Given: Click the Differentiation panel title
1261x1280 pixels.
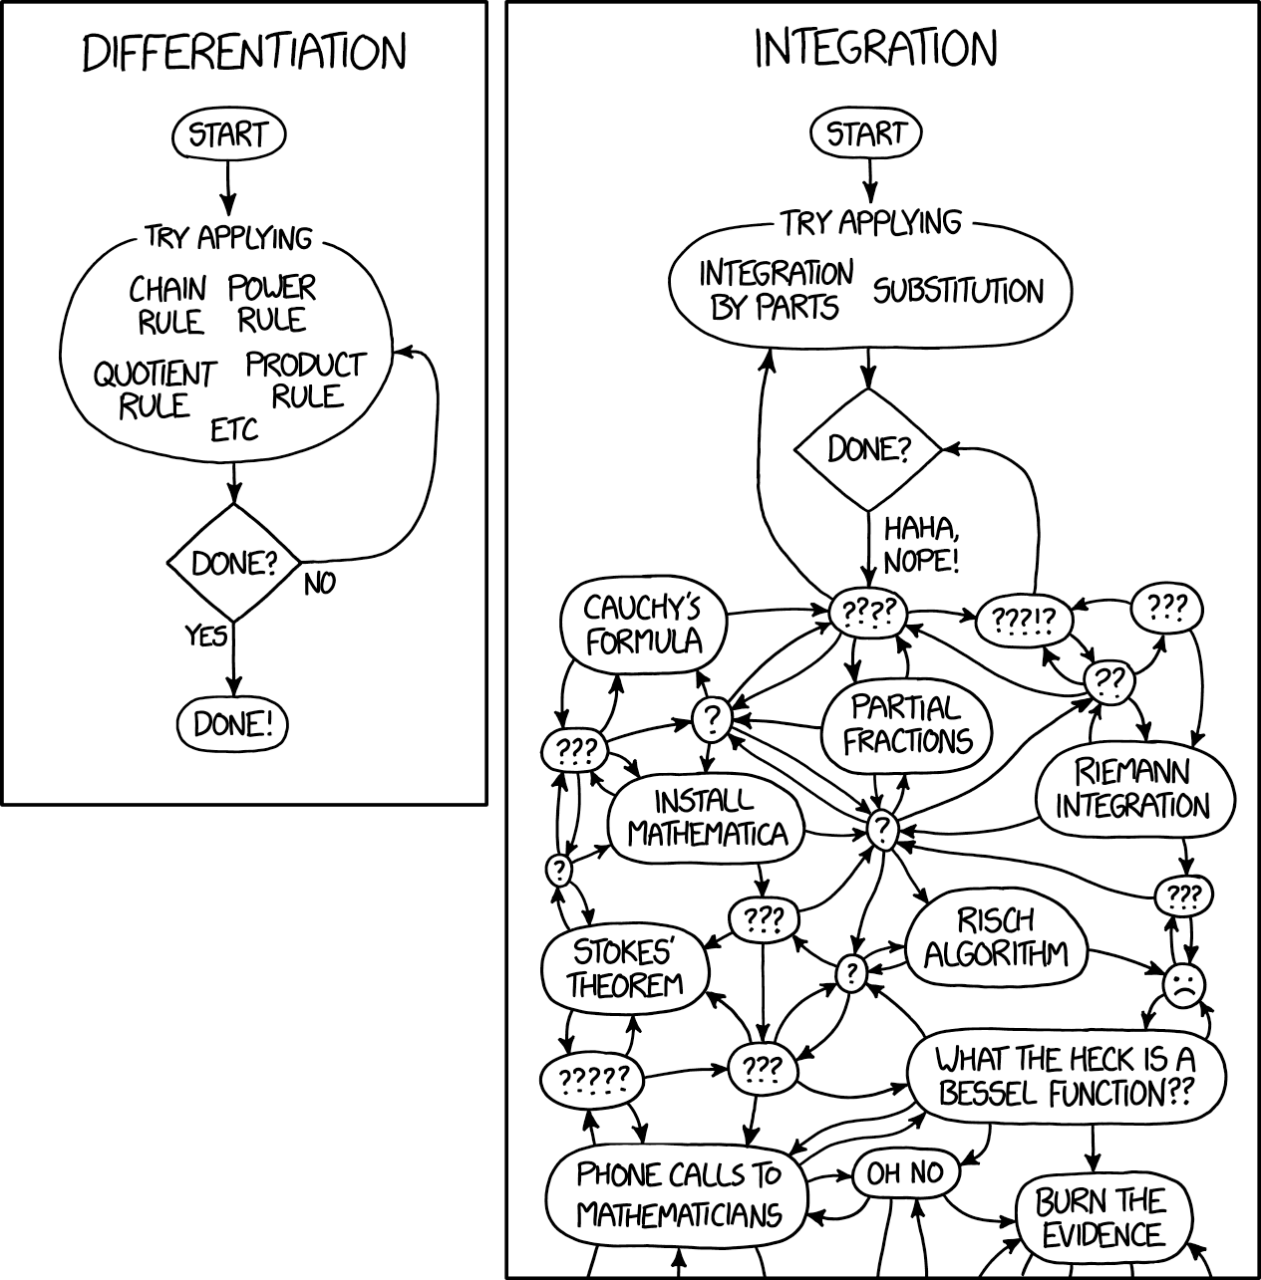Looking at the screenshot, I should [244, 53].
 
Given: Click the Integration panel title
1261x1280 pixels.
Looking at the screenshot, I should [875, 49].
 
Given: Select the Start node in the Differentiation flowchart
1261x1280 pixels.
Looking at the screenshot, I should [228, 134].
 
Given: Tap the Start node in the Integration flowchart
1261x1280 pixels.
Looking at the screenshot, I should [866, 132].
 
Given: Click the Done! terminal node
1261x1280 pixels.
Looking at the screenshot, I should [232, 724].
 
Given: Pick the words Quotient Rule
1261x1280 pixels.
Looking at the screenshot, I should [155, 389].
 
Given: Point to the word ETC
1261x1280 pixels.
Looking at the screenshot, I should [234, 430].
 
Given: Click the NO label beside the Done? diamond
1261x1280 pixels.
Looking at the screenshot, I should [320, 584].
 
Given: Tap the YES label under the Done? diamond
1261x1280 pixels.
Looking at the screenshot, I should [206, 635].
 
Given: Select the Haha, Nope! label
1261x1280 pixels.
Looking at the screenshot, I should [921, 545].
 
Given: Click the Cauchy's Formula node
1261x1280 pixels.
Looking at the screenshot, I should [643, 625].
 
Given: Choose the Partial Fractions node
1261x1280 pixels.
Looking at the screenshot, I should [906, 724].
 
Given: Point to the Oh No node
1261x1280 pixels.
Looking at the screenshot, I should [904, 1173].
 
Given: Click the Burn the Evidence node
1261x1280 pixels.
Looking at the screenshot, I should [1102, 1217].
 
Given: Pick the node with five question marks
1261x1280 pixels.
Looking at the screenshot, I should [592, 1078].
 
